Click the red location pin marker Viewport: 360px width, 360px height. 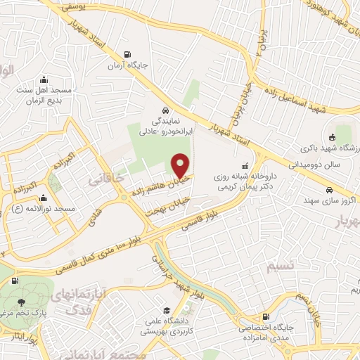point(181,165)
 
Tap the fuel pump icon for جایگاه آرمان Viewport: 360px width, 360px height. point(127,54)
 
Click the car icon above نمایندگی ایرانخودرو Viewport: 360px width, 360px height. point(164,111)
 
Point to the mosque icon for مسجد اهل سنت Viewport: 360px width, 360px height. point(44,79)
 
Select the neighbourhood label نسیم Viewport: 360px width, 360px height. point(274,267)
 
